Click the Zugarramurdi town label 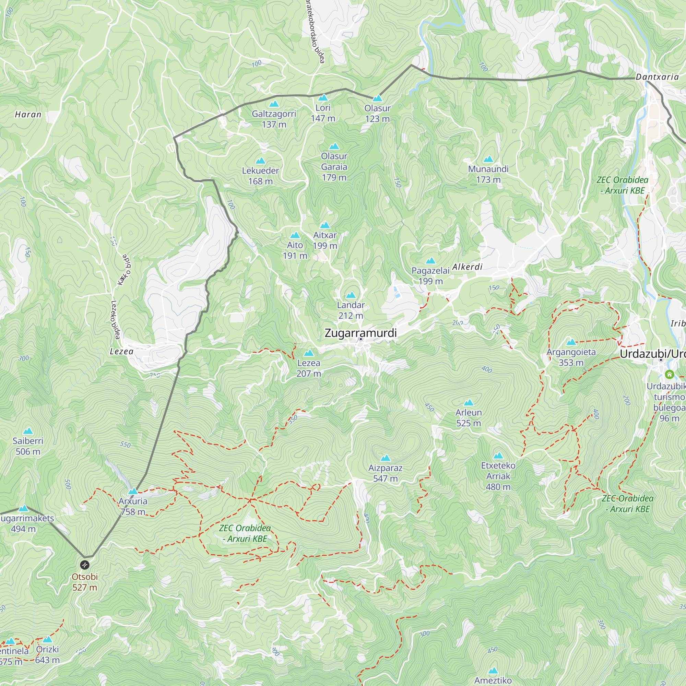(360, 333)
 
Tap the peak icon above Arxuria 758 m (133, 492)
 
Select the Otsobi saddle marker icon (84, 565)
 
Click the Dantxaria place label (657, 77)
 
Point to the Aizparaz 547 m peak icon (385, 458)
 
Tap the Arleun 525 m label (468, 417)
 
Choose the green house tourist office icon (669, 374)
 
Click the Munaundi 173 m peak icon (488, 159)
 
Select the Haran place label (28, 114)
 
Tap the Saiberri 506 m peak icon (28, 431)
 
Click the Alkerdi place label (467, 267)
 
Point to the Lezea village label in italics (121, 352)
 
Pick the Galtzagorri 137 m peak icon (274, 104)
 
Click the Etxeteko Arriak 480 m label (498, 476)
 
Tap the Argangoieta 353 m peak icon (571, 342)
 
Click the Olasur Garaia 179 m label (334, 167)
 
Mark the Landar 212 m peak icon (351, 295)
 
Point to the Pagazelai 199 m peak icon (430, 261)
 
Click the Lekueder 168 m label (260, 176)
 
